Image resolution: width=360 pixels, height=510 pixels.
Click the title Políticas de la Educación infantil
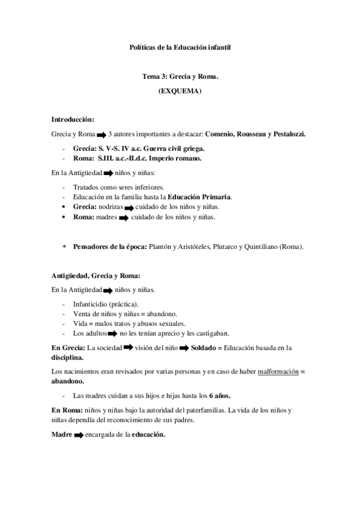180,46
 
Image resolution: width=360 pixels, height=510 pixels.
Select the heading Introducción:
73,118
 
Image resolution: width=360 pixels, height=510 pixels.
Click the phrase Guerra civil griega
170,148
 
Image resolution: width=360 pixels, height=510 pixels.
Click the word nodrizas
110,206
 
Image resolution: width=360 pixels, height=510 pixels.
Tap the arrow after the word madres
123,218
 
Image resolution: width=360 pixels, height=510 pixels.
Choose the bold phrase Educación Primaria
200,197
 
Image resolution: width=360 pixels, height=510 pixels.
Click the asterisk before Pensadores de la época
65,247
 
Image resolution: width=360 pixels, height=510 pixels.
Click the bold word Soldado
199,348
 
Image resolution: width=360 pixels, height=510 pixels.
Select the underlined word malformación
278,372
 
